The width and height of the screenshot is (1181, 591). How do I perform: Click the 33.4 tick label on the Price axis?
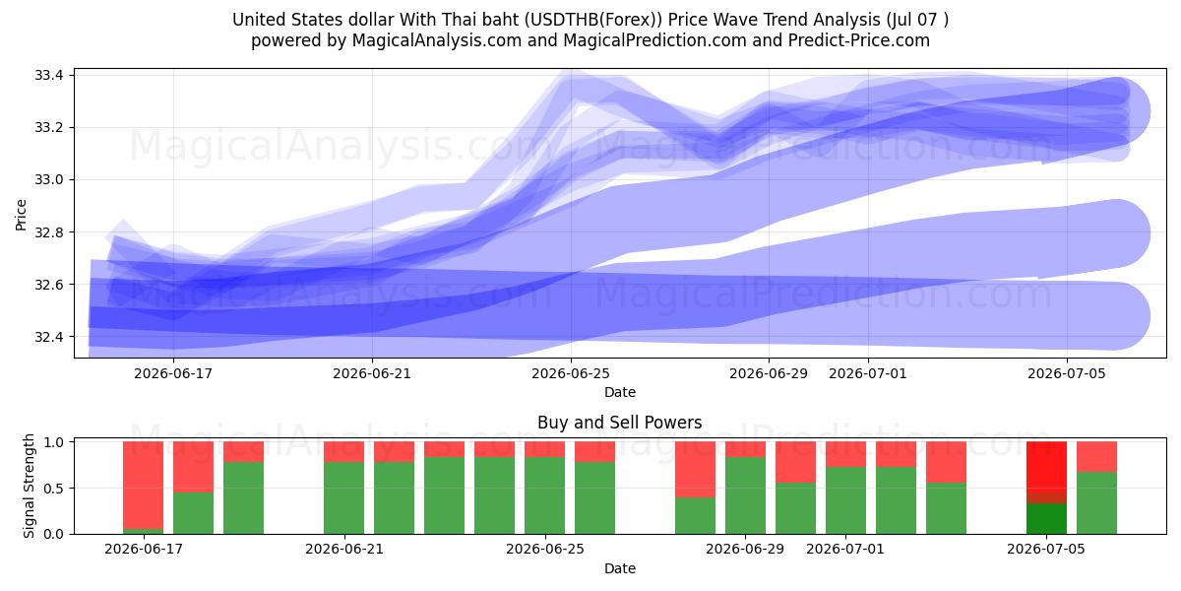tap(48, 75)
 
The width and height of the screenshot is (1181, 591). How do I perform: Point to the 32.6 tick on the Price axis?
tap(48, 285)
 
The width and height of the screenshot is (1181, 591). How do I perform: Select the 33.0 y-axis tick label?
tap(48, 180)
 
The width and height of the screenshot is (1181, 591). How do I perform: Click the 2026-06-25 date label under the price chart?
tap(571, 373)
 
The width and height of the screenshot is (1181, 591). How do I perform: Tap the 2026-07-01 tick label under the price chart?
tap(868, 373)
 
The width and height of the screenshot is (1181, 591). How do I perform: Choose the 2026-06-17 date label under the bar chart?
tap(144, 550)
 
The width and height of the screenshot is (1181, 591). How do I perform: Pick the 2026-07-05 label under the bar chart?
tap(1046, 550)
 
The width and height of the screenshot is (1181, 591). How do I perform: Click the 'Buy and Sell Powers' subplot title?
tap(619, 423)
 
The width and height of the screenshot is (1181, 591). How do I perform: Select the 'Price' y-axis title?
tap(21, 216)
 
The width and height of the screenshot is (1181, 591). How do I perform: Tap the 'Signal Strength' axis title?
tap(29, 486)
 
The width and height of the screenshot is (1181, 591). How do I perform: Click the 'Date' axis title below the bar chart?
tap(619, 569)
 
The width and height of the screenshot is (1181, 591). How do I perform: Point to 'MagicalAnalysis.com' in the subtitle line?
tap(437, 40)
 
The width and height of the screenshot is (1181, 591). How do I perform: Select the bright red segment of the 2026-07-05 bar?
tap(1046, 467)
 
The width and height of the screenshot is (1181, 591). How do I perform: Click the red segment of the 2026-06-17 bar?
tap(144, 485)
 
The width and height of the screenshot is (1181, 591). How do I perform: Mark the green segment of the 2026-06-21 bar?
tap(343, 498)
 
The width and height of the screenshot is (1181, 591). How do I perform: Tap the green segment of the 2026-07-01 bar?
tap(845, 500)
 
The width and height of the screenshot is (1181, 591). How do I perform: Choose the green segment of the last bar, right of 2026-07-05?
tap(1096, 503)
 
